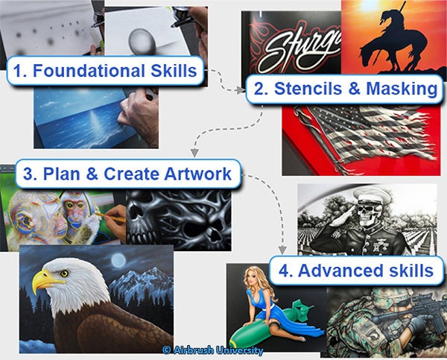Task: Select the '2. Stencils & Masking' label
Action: (344, 89)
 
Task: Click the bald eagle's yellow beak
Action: (45, 282)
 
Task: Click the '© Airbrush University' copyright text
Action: (212, 349)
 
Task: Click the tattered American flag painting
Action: (358, 138)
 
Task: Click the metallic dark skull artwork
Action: (175, 216)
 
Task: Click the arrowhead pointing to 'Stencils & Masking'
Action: (241, 89)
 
